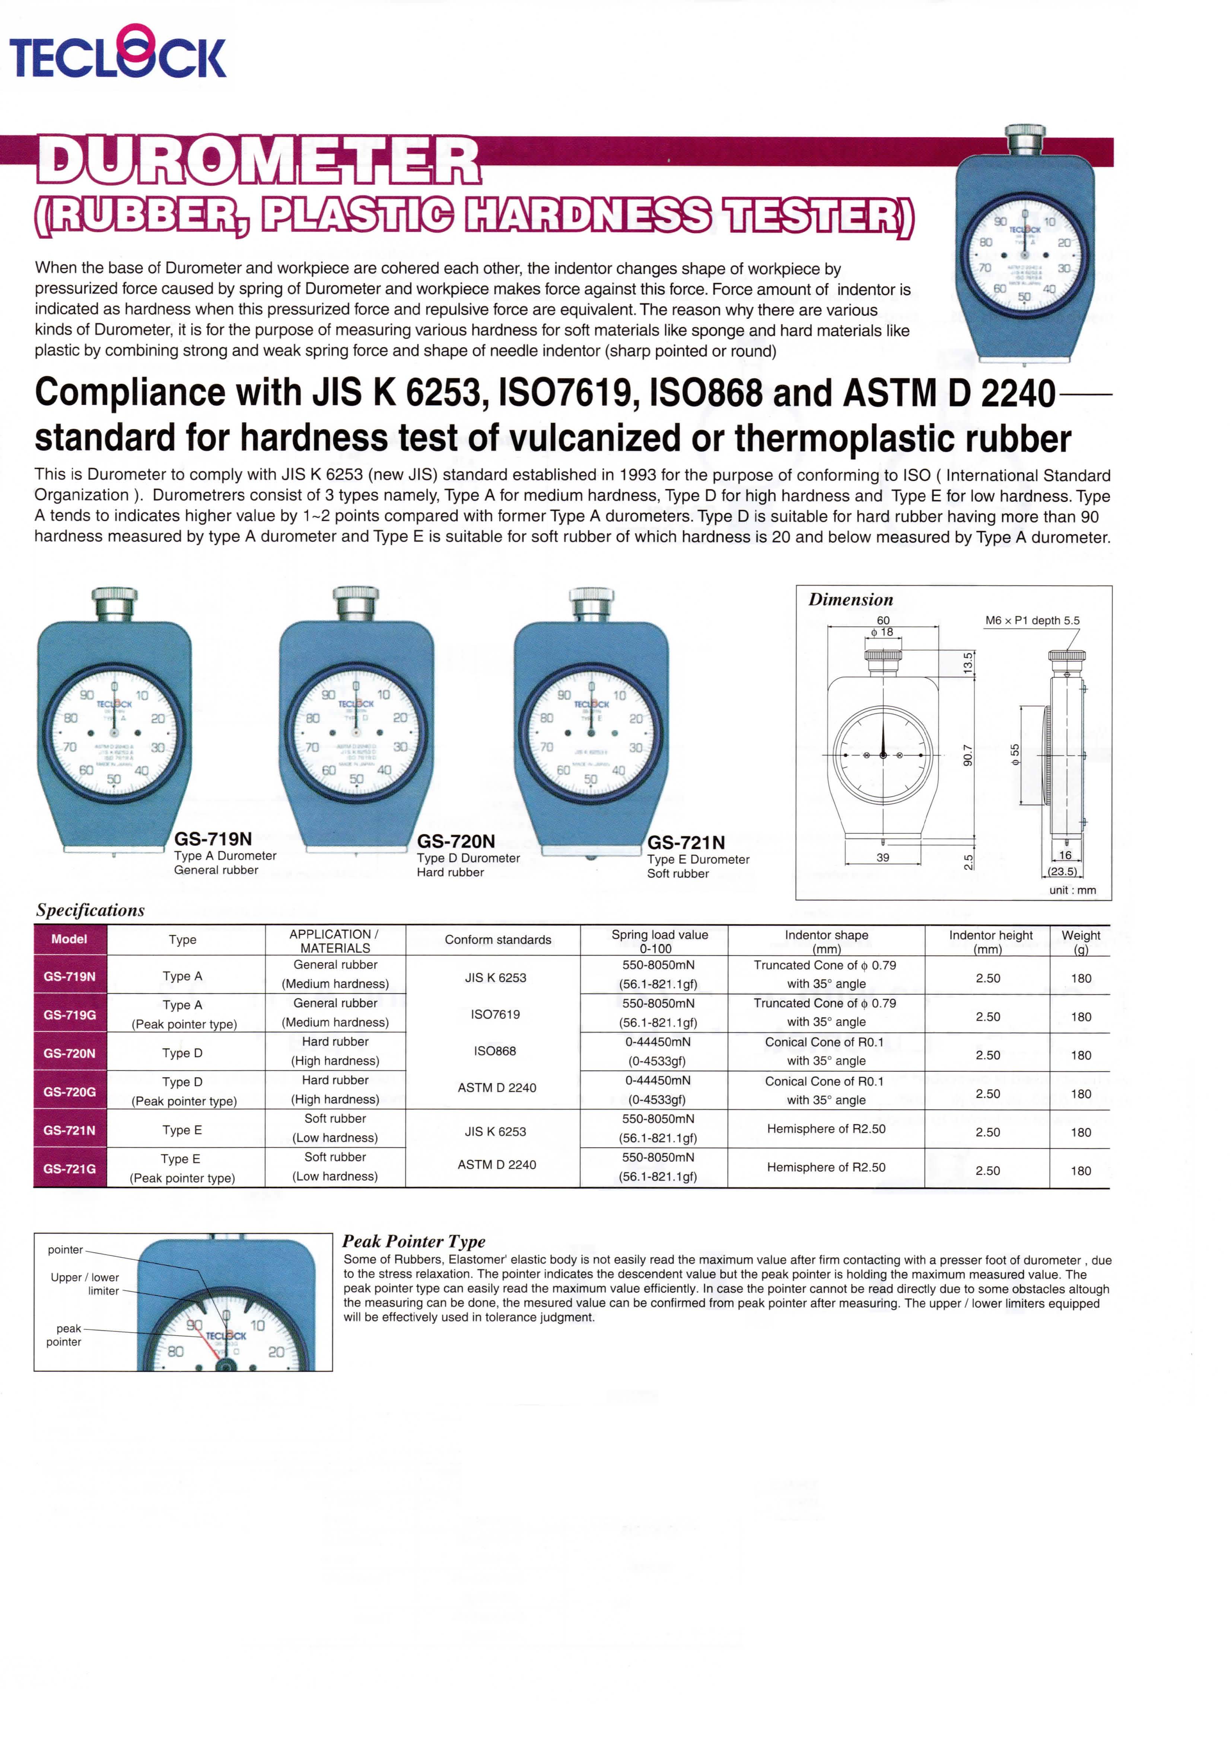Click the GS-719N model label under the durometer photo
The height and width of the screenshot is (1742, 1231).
(x=212, y=838)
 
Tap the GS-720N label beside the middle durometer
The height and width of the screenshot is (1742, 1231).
(x=456, y=841)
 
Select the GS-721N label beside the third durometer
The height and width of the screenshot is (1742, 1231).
(x=686, y=842)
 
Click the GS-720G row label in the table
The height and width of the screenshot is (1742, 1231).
(x=70, y=1092)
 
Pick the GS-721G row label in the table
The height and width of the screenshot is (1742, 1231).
(x=70, y=1169)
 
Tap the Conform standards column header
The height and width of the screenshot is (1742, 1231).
(x=497, y=939)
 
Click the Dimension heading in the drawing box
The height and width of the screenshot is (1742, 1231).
(x=850, y=600)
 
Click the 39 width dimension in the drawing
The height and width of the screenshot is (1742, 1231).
(x=883, y=857)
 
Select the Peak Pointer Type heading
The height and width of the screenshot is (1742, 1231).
(x=413, y=1241)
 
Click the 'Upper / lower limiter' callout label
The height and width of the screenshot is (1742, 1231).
(x=85, y=1284)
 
